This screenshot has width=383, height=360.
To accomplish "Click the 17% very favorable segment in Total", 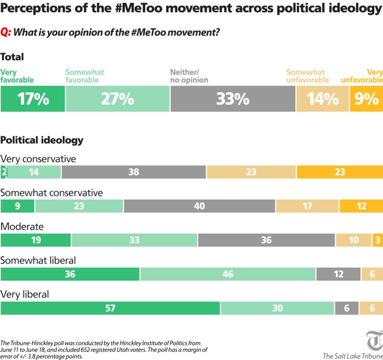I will [33, 99].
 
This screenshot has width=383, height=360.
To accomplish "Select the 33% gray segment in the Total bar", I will [232, 99].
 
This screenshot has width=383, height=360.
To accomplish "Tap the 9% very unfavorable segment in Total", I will [366, 99].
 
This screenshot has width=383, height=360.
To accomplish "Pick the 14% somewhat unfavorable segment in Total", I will [322, 99].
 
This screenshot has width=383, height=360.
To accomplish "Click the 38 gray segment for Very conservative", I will [134, 172].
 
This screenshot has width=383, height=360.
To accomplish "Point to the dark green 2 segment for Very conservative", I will [4, 172].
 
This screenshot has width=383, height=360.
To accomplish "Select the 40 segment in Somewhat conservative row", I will [199, 206].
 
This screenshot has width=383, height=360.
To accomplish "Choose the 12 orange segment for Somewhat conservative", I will [361, 206].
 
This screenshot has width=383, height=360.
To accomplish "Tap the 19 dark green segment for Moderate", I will [36, 240].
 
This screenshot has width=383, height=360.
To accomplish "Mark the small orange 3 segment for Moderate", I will [377, 240].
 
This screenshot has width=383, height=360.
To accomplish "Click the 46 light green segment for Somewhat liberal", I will [228, 274].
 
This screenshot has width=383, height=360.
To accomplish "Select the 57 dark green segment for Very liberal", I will [110, 308].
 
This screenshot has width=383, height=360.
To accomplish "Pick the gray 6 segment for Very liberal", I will [347, 308].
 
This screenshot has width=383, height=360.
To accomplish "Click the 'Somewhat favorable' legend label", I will [85, 76].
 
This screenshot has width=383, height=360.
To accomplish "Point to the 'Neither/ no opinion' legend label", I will [189, 76].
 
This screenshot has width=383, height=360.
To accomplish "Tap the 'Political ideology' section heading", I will [42, 139].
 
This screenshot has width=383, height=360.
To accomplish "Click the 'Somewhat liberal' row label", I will [38, 260].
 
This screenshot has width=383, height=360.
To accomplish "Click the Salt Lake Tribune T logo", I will [374, 341].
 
